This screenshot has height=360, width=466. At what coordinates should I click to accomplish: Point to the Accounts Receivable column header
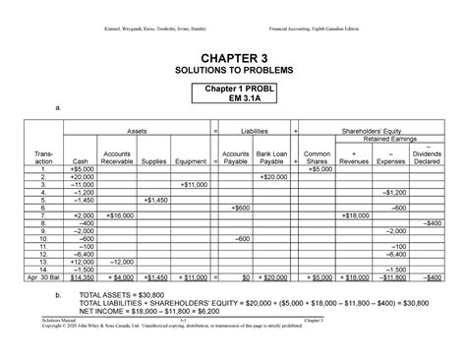point(117,157)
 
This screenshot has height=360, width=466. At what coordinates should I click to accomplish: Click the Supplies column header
point(153,161)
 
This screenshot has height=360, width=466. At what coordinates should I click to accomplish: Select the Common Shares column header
point(318,157)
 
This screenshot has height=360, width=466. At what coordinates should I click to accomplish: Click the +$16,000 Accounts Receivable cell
point(118,214)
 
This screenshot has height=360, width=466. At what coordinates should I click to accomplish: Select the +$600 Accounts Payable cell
point(236,208)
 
